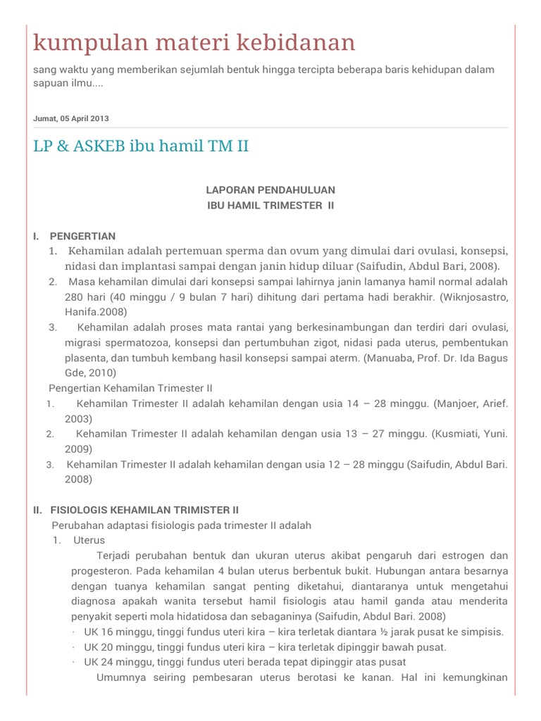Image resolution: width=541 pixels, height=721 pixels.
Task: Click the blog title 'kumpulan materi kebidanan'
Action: (x=194, y=44)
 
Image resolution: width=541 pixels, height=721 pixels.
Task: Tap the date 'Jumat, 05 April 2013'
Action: (x=71, y=118)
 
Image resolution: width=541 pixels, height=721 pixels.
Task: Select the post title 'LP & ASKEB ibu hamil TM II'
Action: (x=141, y=146)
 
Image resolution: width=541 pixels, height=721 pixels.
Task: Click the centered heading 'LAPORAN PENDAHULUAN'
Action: (x=270, y=190)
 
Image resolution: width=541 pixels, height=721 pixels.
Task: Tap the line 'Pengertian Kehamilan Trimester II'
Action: (x=130, y=388)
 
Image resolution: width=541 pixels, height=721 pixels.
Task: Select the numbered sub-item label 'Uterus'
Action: (x=89, y=540)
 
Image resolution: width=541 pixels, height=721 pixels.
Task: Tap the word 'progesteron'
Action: (x=101, y=570)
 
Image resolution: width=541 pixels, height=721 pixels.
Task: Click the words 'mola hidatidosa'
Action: (x=154, y=616)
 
